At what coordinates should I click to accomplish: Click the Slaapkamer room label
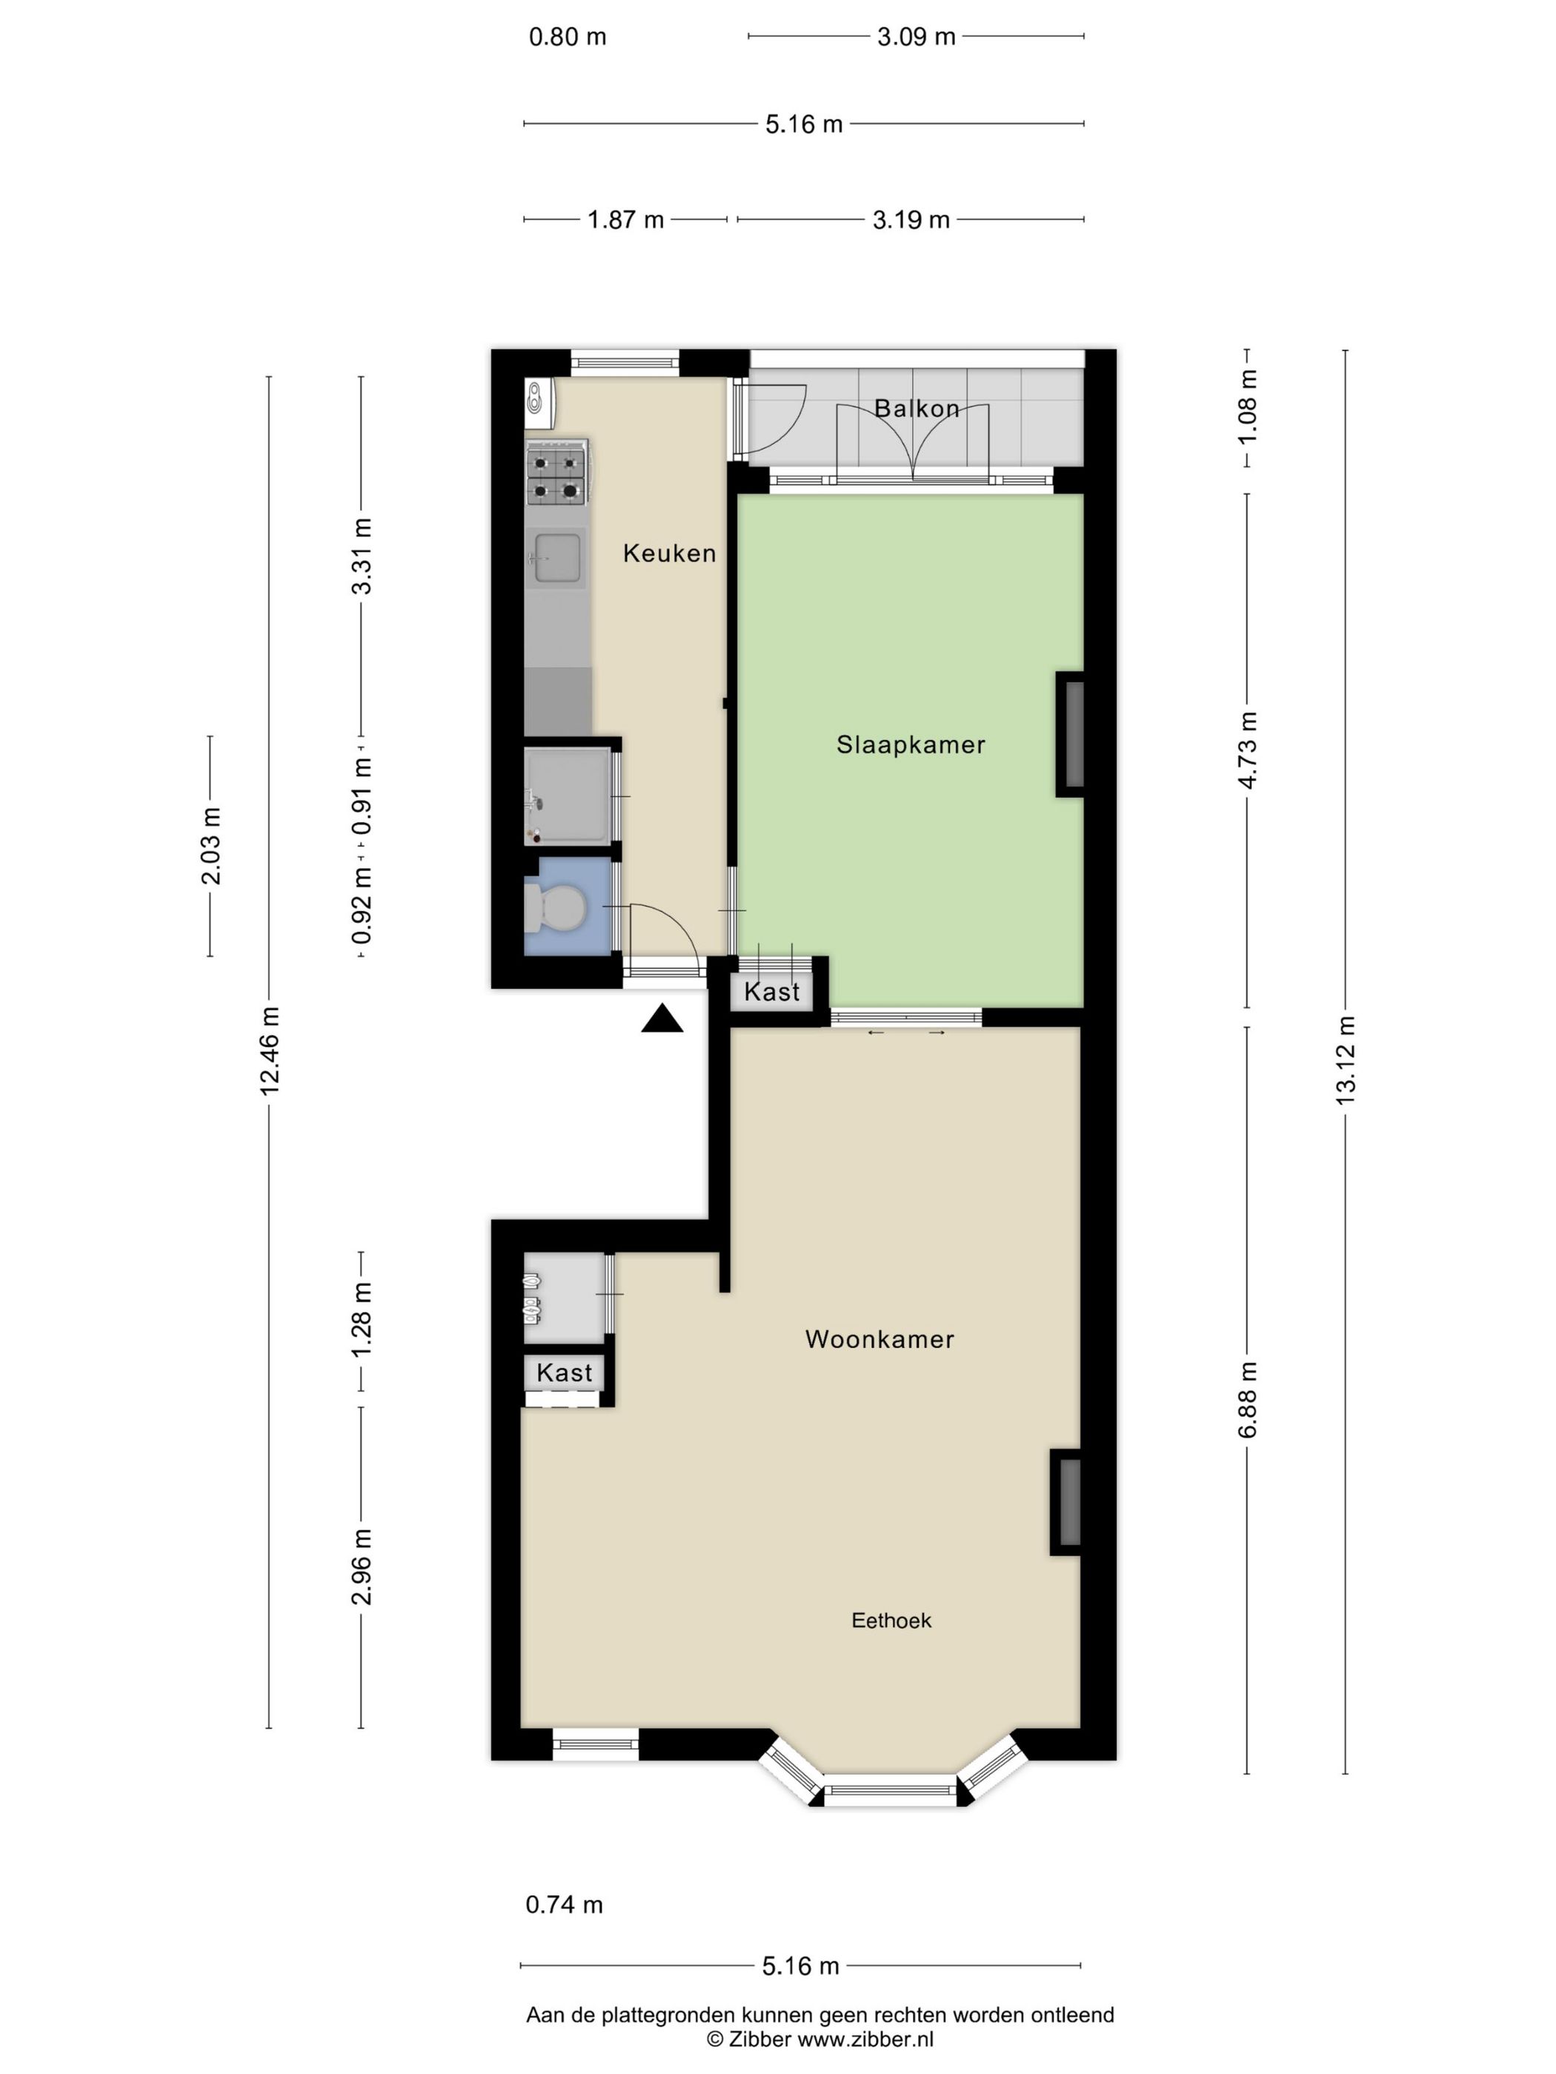(x=910, y=744)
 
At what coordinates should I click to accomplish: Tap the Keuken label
(x=669, y=553)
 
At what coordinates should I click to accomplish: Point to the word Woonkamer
(x=879, y=1339)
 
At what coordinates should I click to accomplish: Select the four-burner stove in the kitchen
(x=556, y=476)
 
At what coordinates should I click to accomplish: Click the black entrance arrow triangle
(x=662, y=1019)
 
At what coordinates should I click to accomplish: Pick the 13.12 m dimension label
(x=1345, y=1059)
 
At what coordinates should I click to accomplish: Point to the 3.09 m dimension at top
(x=915, y=36)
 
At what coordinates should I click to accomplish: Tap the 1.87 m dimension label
(x=625, y=219)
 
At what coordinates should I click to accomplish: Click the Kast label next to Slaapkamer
(x=772, y=992)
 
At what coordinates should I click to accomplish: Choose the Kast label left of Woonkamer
(x=564, y=1373)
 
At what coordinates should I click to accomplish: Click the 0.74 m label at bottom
(x=564, y=1904)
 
